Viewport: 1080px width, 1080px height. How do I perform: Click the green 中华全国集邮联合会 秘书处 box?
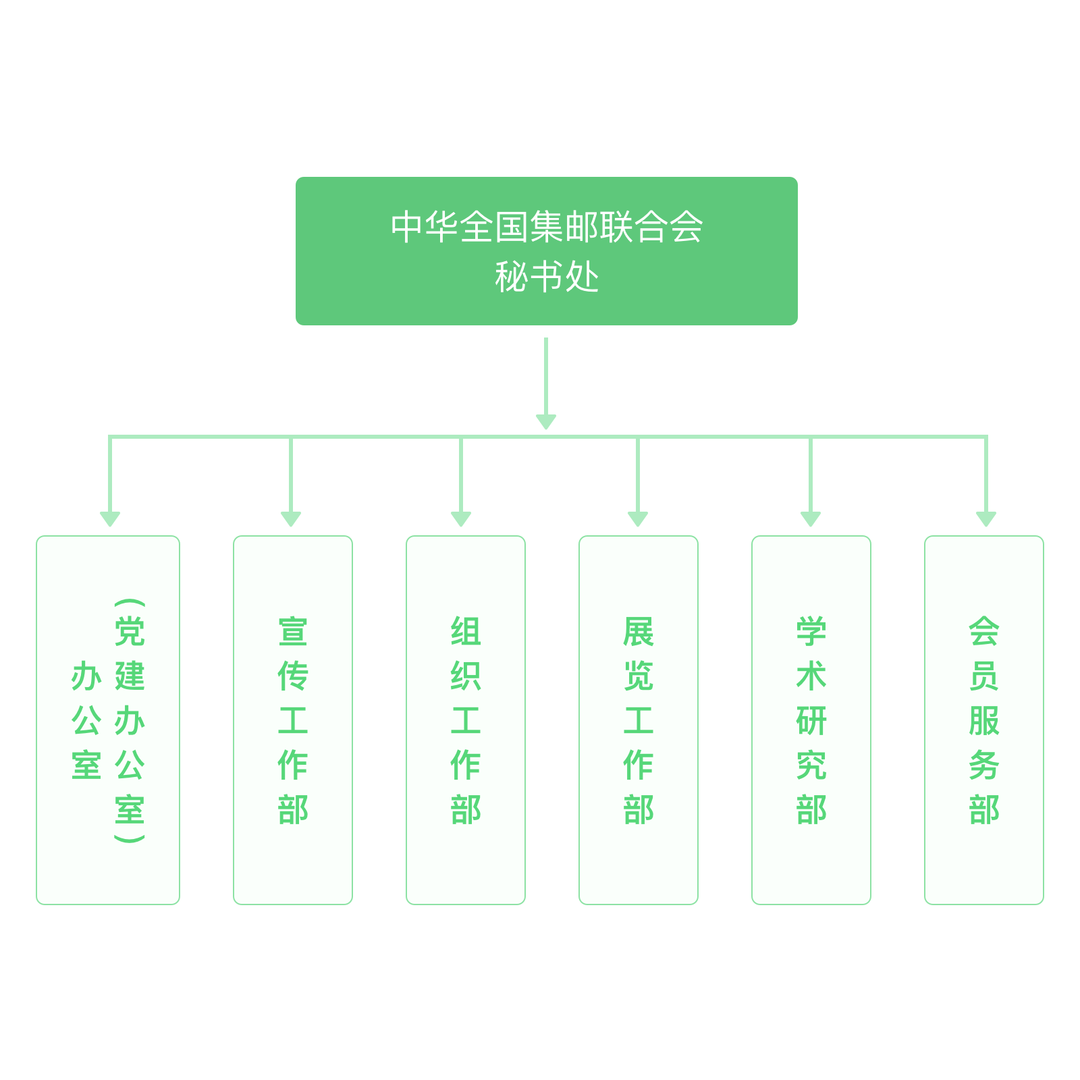[x=546, y=251]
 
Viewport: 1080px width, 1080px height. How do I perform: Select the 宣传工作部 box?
[x=293, y=720]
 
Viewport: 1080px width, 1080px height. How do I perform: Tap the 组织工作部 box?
[x=466, y=720]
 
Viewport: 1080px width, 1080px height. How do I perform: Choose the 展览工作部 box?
[x=639, y=720]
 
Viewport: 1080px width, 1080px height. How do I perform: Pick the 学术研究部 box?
[x=811, y=720]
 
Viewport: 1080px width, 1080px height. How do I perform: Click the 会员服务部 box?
[x=984, y=720]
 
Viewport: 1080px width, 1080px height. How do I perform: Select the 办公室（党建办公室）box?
[x=108, y=720]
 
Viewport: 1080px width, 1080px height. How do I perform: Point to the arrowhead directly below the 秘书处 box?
[x=546, y=422]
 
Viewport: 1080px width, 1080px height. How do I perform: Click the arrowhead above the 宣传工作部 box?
[x=291, y=519]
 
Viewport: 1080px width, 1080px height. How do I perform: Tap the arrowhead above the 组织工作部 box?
[x=461, y=519]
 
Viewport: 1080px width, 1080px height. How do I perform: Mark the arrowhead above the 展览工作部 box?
[x=638, y=519]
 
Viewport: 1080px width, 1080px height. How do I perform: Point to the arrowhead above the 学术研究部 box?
[x=811, y=519]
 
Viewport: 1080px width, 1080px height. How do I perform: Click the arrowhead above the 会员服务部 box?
[x=986, y=519]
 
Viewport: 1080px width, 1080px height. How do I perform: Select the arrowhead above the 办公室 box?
[x=110, y=519]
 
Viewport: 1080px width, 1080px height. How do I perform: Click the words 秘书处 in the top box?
[x=547, y=277]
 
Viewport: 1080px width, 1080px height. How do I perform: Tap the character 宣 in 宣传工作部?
[x=293, y=631]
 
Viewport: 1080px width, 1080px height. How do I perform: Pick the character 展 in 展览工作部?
[x=639, y=631]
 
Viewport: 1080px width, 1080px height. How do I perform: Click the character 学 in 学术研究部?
[x=811, y=631]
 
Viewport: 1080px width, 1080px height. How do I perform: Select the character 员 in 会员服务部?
[x=984, y=676]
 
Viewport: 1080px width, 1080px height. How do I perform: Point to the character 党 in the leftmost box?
[x=130, y=631]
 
